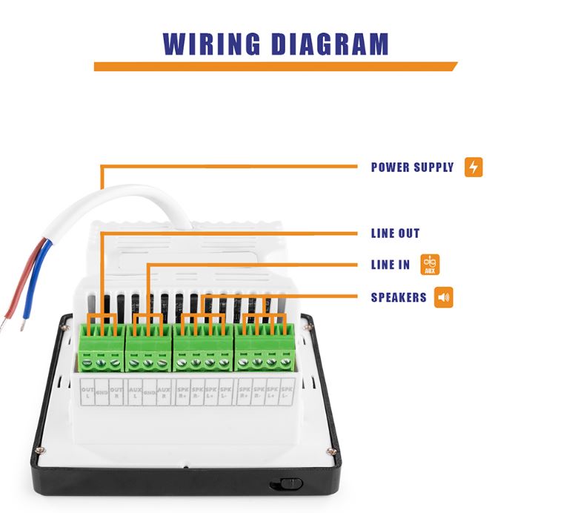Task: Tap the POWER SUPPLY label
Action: click(x=412, y=168)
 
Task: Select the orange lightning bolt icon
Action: click(x=474, y=167)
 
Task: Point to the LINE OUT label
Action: click(x=395, y=234)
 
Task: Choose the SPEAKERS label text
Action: click(x=399, y=298)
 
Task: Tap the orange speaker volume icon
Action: click(x=444, y=298)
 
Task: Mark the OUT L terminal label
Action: click(x=87, y=393)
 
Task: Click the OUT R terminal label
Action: click(x=114, y=393)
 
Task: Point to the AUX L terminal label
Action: click(x=134, y=393)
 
